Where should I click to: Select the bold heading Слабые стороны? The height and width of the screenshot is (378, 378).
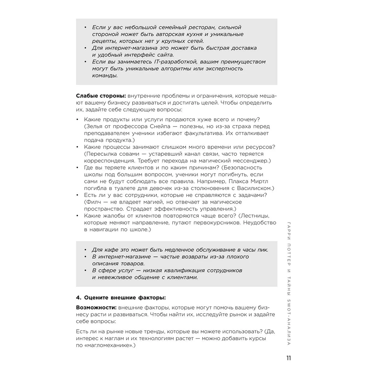[x=100, y=96]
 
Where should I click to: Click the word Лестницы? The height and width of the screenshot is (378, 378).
[x=255, y=215]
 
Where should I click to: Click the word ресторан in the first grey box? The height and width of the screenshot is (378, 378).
[x=192, y=28]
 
